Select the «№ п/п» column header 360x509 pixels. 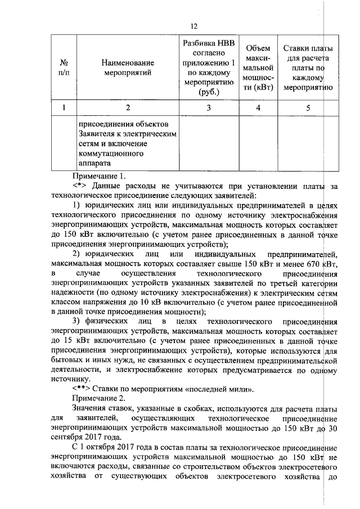pyautogui.click(x=65, y=68)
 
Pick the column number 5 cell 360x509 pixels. pyautogui.click(x=308, y=107)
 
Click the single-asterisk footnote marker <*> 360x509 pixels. pyautogui.click(x=80, y=186)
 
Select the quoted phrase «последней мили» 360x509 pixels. pyautogui.click(x=225, y=389)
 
